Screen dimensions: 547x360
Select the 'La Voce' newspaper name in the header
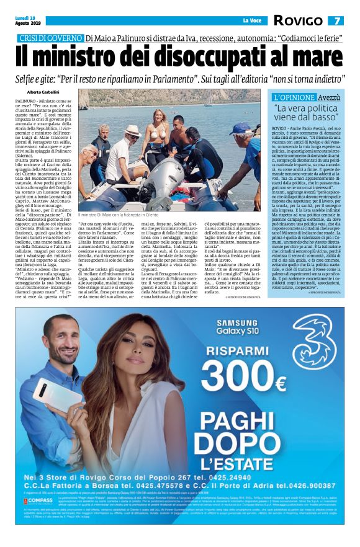[x=253, y=21]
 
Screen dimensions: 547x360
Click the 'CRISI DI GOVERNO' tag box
[x=50, y=39]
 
